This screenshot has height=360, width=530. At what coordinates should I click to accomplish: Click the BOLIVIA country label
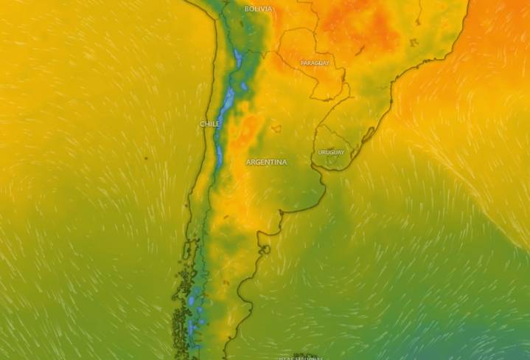click(x=258, y=9)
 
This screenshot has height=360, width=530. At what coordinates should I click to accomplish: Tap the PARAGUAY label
click(x=315, y=63)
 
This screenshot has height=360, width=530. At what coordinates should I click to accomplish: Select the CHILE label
click(x=210, y=124)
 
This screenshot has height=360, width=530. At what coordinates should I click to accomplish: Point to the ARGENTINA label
click(x=266, y=162)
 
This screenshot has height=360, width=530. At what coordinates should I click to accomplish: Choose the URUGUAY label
click(x=331, y=152)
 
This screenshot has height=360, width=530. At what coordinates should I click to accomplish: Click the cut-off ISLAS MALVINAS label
click(x=301, y=358)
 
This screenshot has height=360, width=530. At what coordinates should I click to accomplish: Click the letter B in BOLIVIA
click(x=246, y=9)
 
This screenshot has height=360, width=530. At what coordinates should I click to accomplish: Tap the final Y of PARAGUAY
click(x=327, y=63)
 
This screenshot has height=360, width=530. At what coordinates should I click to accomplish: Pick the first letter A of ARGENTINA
click(x=248, y=162)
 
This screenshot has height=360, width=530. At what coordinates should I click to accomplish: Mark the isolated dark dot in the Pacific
click(x=145, y=158)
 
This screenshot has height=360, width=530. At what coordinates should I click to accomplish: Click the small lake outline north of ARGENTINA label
click(x=276, y=128)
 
